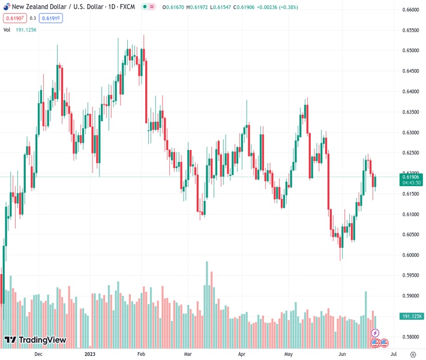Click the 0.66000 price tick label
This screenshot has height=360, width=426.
[x=411, y=10]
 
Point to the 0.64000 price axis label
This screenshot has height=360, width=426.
[x=411, y=91]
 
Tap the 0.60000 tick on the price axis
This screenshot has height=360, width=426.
[x=411, y=255]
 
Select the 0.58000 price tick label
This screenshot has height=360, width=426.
[x=411, y=337]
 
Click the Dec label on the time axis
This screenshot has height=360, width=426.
[x=38, y=355]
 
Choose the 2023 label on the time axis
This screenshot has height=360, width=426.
[x=90, y=355]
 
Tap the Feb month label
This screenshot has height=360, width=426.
[x=141, y=355]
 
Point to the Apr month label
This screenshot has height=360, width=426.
[x=241, y=355]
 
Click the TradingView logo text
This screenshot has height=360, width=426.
[x=42, y=340]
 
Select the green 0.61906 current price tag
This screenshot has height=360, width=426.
[x=412, y=176]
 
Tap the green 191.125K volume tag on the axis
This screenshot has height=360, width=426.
[x=412, y=316]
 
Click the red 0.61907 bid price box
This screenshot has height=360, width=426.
[x=14, y=18]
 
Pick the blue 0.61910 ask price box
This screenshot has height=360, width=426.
[x=52, y=18]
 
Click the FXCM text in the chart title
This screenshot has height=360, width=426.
[x=126, y=6]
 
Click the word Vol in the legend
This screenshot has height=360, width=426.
[x=7, y=29]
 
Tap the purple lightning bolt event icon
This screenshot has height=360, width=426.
[x=376, y=332]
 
